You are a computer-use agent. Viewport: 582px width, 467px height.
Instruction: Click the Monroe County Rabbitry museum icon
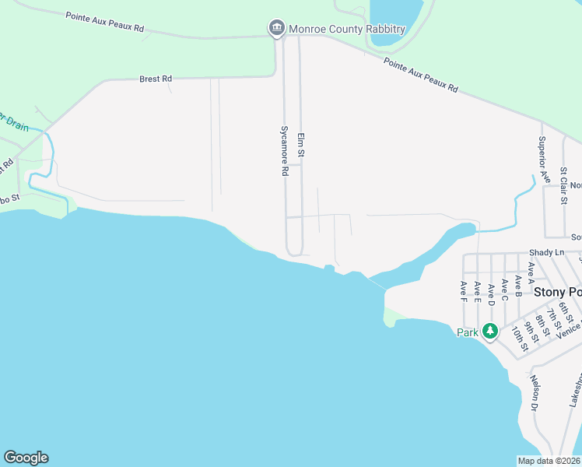tap(276, 29)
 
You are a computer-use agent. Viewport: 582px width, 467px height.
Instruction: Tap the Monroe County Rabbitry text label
tap(347, 29)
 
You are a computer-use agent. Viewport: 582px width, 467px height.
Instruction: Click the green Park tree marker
tap(489, 331)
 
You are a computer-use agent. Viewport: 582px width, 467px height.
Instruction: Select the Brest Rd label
tap(155, 79)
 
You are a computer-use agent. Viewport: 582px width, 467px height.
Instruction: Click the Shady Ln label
tap(545, 252)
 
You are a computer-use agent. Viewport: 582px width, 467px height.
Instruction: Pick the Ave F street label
tap(463, 291)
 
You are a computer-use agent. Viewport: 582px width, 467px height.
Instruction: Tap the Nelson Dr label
tap(535, 392)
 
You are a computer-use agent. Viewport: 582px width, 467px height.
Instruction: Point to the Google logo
tap(26, 458)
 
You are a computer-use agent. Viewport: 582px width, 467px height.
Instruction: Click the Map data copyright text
tap(548, 461)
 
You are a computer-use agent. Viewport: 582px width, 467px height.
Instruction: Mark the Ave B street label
tap(518, 278)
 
